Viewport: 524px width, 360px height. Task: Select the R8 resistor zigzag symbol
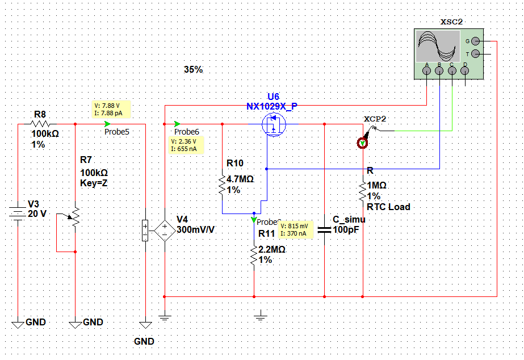coord(43,124)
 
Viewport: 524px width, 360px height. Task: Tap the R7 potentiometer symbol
coord(75,215)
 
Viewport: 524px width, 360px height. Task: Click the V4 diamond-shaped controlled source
coord(165,231)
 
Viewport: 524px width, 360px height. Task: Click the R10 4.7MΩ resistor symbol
coord(221,184)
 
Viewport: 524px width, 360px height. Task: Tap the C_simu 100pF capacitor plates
coord(324,230)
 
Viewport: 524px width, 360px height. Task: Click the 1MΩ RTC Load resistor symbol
coord(362,191)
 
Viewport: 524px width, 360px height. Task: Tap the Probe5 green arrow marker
coord(108,124)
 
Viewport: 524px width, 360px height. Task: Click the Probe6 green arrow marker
coord(178,124)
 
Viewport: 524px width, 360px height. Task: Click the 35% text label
coord(193,70)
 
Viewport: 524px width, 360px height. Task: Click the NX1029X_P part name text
coord(272,106)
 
